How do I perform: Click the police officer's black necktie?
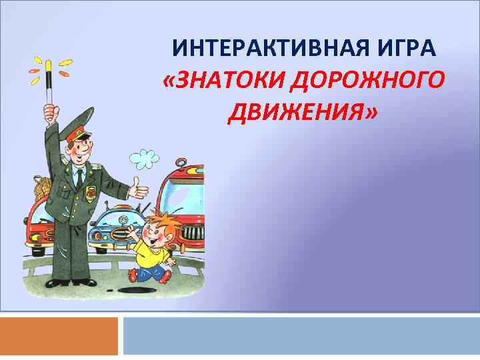click(x=79, y=176)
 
